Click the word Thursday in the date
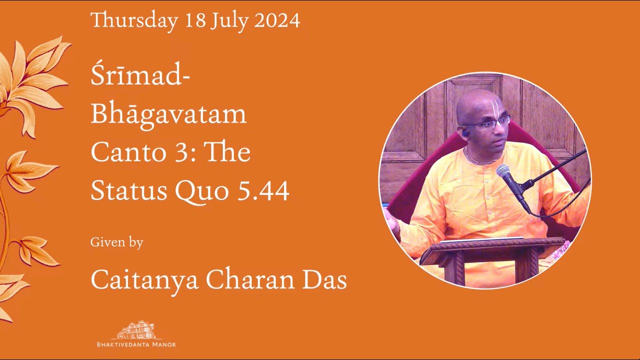point(134,20)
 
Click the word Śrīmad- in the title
point(140,77)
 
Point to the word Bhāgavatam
point(168,114)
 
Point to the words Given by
point(116,242)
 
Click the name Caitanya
point(145,280)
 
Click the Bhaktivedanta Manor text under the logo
point(136,344)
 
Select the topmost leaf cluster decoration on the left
point(37,80)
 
